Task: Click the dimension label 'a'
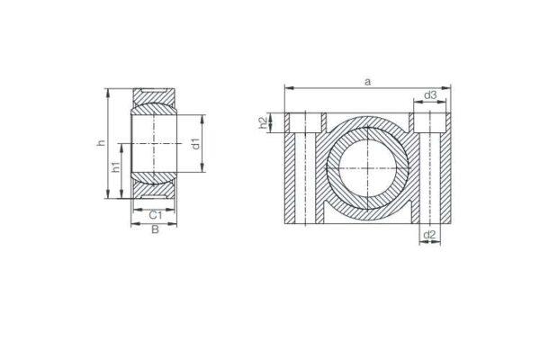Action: (366, 81)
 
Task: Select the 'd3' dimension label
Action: (430, 95)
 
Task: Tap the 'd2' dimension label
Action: (430, 236)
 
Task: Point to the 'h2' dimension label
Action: (264, 122)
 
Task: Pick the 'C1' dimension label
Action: (154, 214)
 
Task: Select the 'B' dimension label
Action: (154, 230)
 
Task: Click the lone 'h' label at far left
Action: (102, 143)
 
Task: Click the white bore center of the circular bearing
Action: (367, 168)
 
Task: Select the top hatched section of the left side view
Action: (154, 96)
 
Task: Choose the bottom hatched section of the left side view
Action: (154, 190)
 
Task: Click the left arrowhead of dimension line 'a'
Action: (288, 88)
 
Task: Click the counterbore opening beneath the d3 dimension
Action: (430, 122)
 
